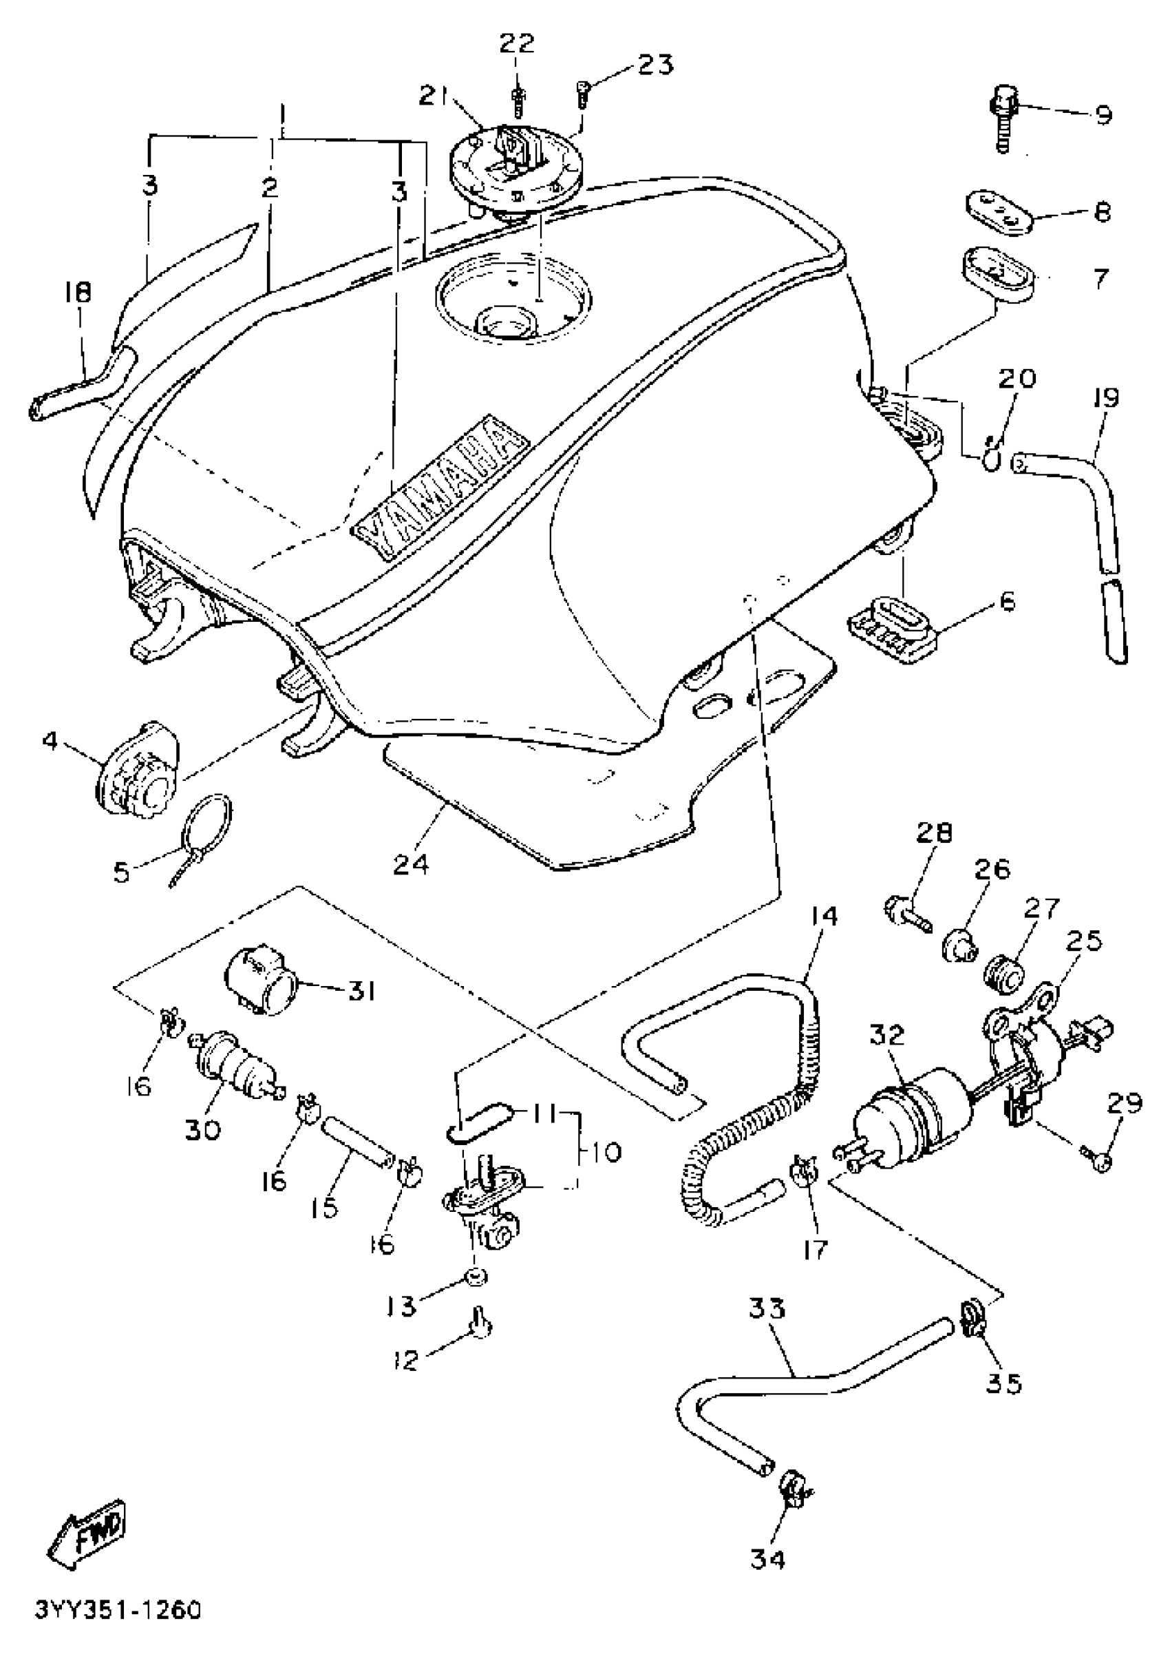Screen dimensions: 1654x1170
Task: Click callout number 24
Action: point(411,863)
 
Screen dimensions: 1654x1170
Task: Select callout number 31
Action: point(361,992)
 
